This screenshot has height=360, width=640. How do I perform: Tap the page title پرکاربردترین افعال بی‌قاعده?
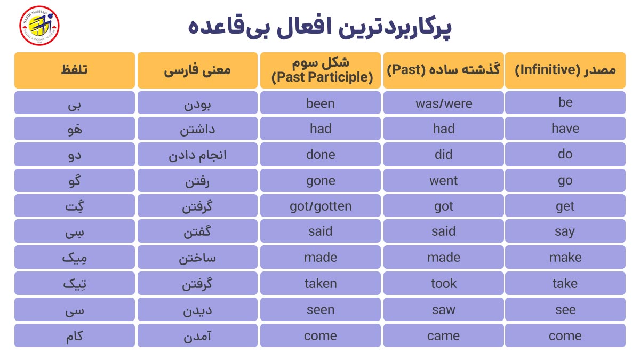[x=320, y=27]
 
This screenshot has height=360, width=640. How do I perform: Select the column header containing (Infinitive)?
[x=565, y=70]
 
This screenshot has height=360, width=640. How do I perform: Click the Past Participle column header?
[x=321, y=70]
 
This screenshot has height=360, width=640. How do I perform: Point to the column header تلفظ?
[x=75, y=70]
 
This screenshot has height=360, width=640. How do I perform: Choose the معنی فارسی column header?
[x=197, y=70]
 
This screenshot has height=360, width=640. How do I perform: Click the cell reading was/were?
[x=443, y=103]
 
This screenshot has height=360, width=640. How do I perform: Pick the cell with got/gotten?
[x=321, y=206]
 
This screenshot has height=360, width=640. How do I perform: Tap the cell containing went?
[x=443, y=180]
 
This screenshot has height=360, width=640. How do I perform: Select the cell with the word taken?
[x=321, y=284]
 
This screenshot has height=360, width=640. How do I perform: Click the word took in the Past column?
[x=443, y=284]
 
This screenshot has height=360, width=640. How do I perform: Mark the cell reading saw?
[x=443, y=310]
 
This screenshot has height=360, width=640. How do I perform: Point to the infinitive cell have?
[x=565, y=129]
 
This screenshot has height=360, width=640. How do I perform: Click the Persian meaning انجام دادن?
[x=197, y=155]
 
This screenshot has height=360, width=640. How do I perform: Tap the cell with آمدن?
[x=197, y=335]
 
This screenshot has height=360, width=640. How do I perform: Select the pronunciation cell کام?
[x=75, y=335]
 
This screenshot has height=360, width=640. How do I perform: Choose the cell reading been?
[x=321, y=103]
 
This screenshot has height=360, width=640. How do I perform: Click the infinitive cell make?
[x=565, y=258]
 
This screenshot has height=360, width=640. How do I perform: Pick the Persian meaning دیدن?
[x=197, y=310]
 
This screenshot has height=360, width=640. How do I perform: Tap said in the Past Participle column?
[x=321, y=232]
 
